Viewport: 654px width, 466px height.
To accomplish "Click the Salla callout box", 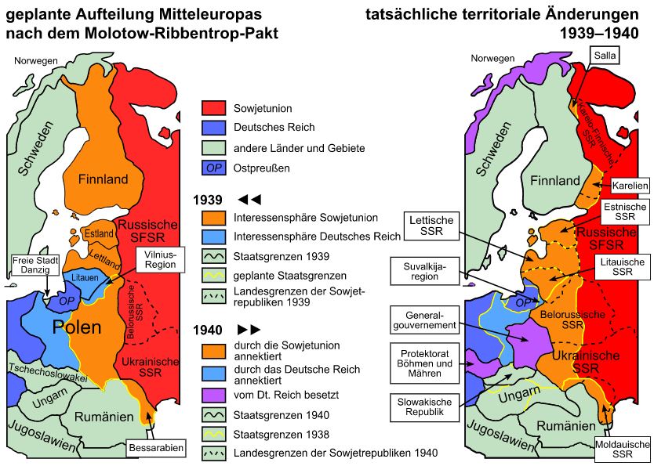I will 605,56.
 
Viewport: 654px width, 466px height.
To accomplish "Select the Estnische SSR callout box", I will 625,211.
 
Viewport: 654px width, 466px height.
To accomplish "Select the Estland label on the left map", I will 98,233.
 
